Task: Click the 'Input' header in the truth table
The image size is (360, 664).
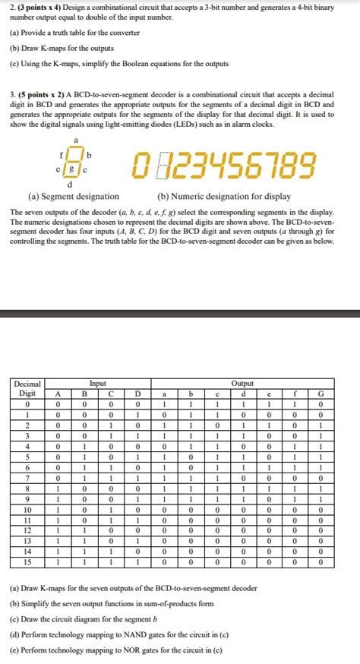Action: pos(98,384)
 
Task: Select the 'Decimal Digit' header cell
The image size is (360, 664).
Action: pos(27,388)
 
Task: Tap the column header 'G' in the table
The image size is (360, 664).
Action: pos(321,394)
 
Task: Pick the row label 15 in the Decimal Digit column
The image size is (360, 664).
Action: pos(27,562)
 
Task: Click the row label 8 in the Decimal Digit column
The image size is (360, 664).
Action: pos(27,489)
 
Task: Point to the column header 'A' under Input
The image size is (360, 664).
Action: pos(57,394)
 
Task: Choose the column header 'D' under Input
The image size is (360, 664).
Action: pos(137,394)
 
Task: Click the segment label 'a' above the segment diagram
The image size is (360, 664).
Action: pos(75,141)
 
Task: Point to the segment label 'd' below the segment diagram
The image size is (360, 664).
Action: pos(71,184)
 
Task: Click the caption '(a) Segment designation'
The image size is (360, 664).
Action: pos(74,196)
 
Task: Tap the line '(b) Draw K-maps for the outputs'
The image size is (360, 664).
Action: pos(62,48)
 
